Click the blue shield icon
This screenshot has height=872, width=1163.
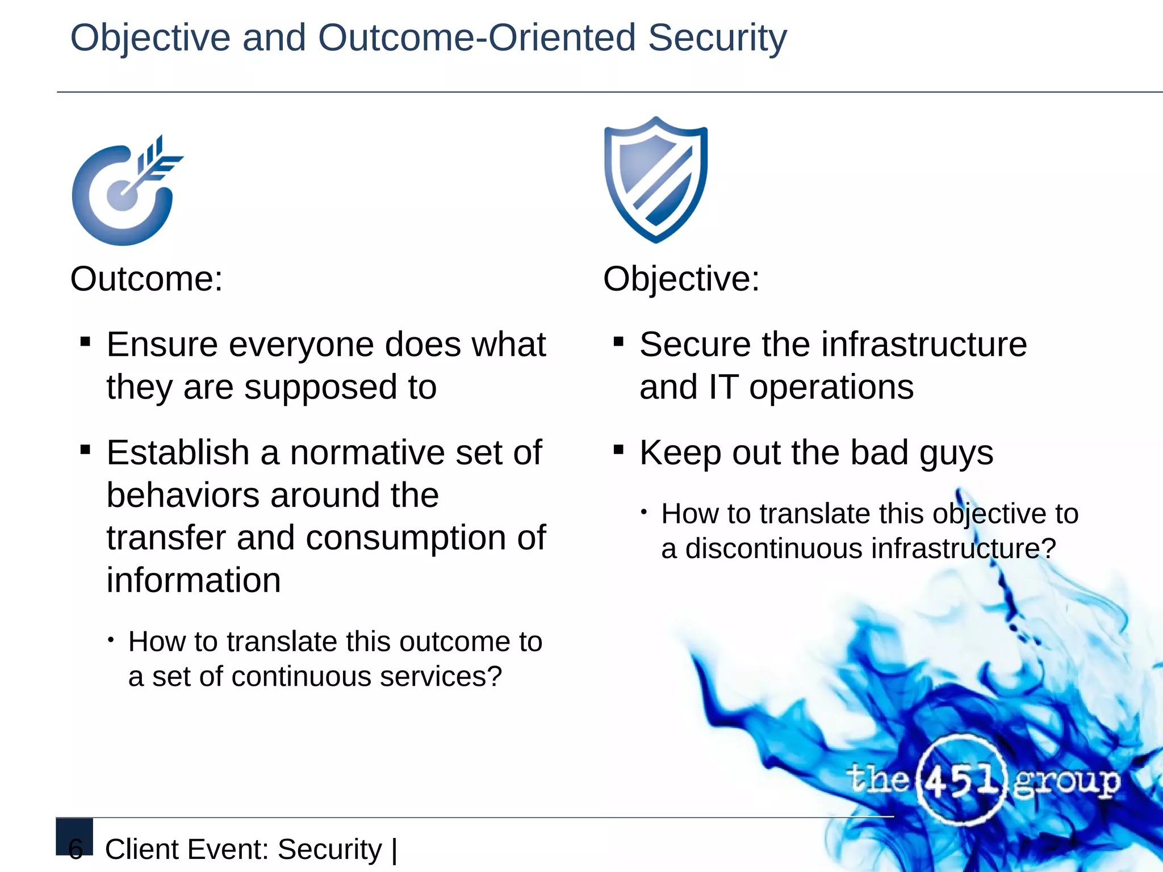click(656, 180)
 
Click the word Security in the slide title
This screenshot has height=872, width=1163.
click(717, 38)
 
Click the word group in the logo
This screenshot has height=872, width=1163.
click(1066, 782)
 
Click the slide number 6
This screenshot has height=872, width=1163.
click(76, 848)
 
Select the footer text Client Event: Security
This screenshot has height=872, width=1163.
click(244, 850)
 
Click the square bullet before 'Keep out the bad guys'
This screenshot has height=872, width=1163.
click(619, 451)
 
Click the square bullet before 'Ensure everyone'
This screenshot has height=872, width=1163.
click(86, 342)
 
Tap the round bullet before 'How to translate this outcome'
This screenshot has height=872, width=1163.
click(111, 640)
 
